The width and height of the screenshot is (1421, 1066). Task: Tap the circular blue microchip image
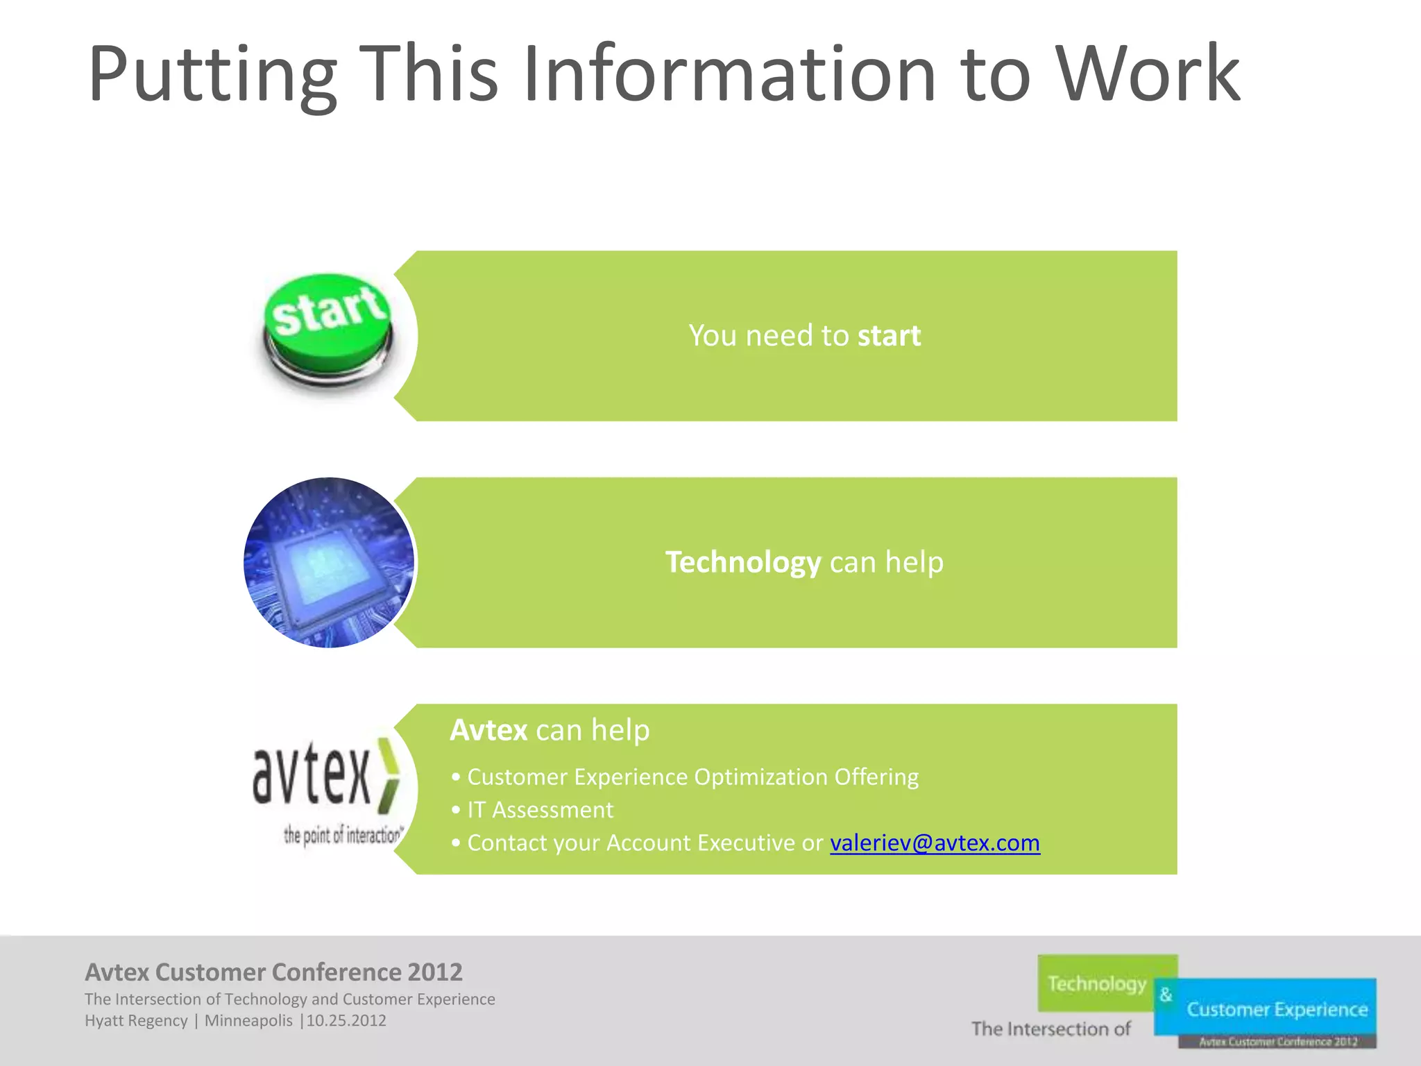point(329,563)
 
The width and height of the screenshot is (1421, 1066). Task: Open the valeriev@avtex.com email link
point(935,843)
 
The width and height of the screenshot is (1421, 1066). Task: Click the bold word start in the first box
point(889,336)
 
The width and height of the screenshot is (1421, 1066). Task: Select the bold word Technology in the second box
point(743,562)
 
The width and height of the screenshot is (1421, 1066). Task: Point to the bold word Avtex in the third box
point(488,730)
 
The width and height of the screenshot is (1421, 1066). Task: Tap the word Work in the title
point(1148,74)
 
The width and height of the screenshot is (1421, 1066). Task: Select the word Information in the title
point(729,74)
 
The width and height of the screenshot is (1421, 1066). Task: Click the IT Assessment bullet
point(540,810)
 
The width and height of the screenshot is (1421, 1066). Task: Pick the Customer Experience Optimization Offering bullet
point(692,777)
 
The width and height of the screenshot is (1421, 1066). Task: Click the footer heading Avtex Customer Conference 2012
point(273,972)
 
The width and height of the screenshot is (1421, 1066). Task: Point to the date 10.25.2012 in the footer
point(346,1021)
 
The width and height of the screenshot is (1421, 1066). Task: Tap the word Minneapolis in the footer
point(248,1021)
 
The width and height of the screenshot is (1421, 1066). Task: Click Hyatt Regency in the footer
point(136,1021)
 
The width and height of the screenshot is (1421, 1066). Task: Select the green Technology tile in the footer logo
point(1096,983)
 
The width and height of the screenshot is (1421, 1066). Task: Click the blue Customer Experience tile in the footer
point(1277,1009)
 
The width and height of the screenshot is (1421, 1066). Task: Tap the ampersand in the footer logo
point(1166,995)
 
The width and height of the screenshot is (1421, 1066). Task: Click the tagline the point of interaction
point(343,835)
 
